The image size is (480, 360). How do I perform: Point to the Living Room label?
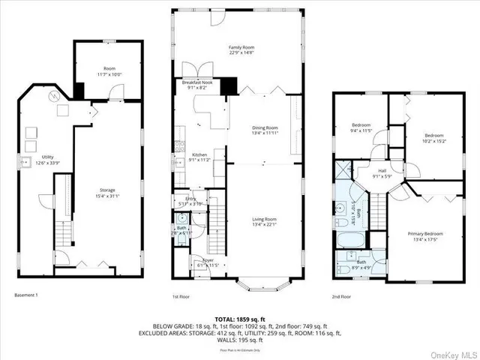(x=265, y=220)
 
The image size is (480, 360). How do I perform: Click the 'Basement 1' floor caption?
(x=25, y=295)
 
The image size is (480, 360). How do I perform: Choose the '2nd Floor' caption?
(x=341, y=296)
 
